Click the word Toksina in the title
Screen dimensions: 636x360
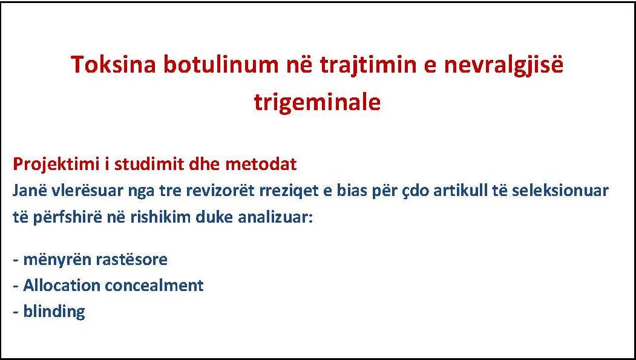click(113, 65)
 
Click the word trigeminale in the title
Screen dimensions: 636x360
click(318, 103)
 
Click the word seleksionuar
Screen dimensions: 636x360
click(560, 191)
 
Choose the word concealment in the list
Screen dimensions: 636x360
click(154, 286)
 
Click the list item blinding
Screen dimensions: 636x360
click(54, 312)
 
